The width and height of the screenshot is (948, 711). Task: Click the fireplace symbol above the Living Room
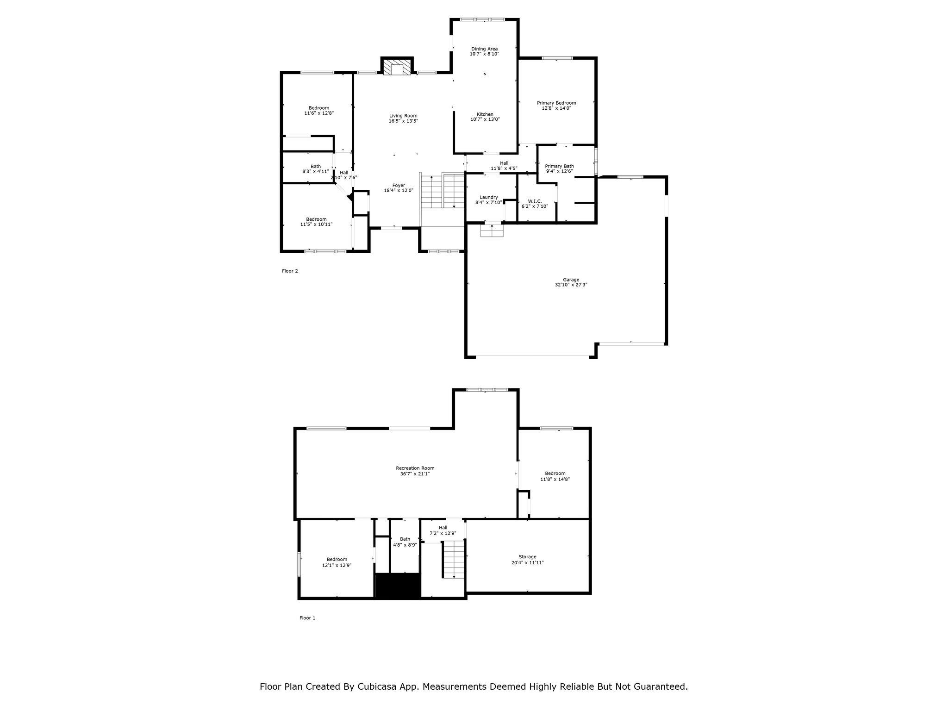(397, 67)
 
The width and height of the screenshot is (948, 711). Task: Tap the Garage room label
(571, 280)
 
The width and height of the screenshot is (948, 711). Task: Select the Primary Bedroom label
(556, 103)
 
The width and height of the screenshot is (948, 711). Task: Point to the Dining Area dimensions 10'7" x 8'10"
(484, 54)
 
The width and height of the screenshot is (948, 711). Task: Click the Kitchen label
(485, 114)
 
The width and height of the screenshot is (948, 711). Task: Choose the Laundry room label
(488, 197)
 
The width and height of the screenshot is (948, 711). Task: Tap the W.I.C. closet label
(535, 201)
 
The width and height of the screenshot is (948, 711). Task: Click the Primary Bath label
(559, 166)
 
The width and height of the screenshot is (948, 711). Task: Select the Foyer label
(399, 185)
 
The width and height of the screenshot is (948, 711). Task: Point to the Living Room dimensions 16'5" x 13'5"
(403, 121)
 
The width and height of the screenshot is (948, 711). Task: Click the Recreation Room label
(415, 468)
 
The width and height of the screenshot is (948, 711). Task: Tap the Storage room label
(527, 557)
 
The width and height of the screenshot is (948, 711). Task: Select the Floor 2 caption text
(290, 271)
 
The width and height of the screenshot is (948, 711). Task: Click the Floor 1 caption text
(307, 618)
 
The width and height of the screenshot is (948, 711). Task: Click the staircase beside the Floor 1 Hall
(453, 559)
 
